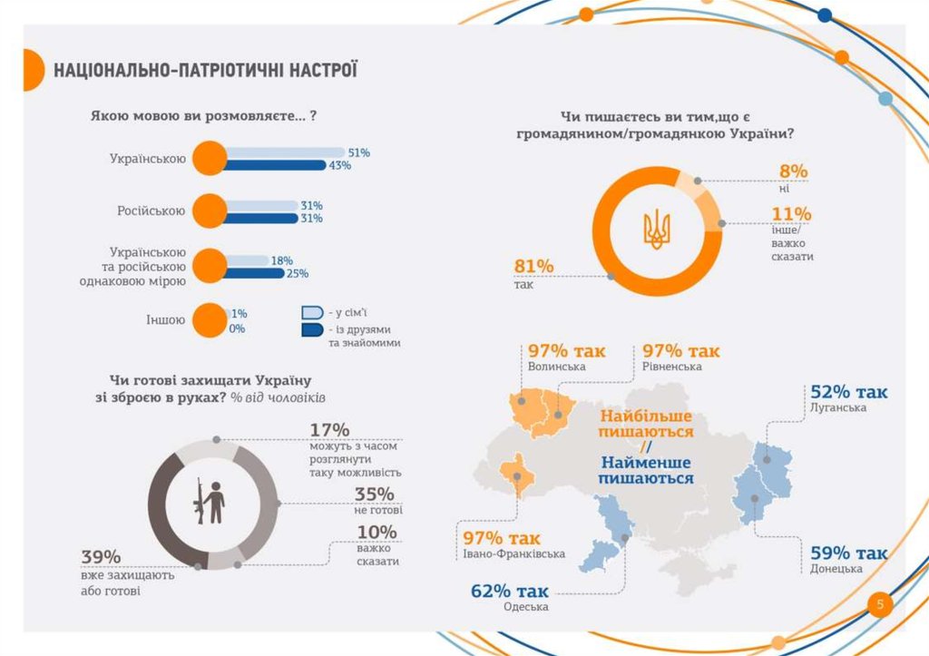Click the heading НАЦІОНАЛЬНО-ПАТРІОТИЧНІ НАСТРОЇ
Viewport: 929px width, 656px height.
tap(205, 70)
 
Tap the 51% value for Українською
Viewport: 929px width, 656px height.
tap(358, 152)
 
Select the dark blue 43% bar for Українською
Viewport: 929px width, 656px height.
tap(273, 165)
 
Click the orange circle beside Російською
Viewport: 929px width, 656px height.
tap(209, 211)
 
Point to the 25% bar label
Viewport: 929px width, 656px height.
tap(298, 273)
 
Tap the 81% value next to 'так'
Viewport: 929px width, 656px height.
tap(533, 266)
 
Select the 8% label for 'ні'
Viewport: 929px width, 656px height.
tap(793, 171)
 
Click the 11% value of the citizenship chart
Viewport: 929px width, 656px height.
tap(791, 214)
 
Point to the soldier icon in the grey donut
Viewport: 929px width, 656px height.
tap(211, 501)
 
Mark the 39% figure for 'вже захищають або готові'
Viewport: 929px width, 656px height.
tap(101, 557)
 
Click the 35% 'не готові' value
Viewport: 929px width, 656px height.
tap(375, 494)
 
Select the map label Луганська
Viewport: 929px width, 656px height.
tap(838, 408)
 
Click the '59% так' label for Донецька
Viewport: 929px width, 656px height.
tap(848, 553)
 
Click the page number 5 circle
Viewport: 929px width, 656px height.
tap(879, 605)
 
